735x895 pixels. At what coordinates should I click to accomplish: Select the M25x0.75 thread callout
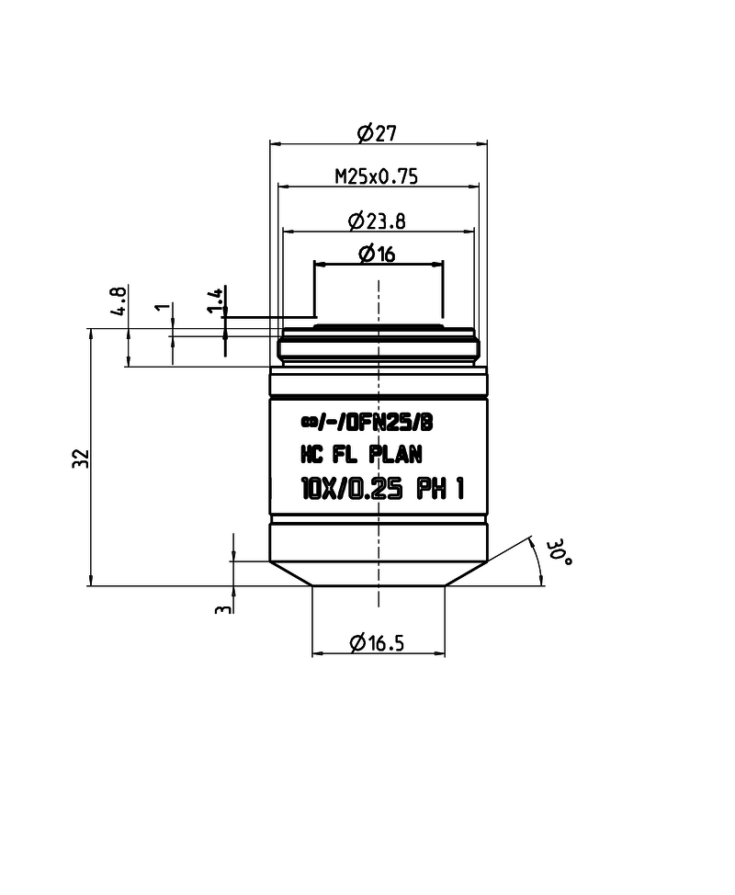376,176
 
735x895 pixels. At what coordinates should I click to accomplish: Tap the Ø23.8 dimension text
378,221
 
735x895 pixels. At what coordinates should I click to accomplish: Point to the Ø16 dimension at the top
377,255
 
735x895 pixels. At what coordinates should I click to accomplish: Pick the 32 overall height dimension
80,457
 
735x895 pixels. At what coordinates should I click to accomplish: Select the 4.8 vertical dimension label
119,300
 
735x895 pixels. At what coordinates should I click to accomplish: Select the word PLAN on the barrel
395,454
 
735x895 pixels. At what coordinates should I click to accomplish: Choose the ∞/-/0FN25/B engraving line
366,422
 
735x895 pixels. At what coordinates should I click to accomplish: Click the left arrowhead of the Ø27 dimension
273,142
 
